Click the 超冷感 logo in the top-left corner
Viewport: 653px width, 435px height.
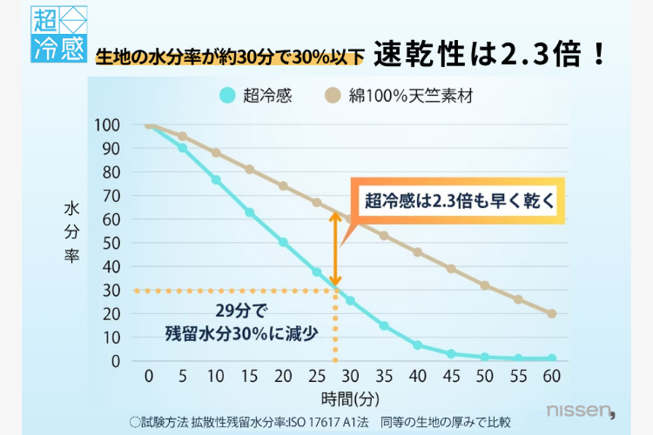coord(59,34)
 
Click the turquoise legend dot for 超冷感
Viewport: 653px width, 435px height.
coord(227,96)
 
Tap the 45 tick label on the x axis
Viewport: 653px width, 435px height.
coord(451,376)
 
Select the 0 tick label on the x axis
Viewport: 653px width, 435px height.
coord(148,376)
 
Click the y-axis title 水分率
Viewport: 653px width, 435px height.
coord(72,232)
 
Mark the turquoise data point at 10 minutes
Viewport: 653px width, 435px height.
coord(216,179)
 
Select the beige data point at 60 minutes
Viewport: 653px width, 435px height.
coord(552,314)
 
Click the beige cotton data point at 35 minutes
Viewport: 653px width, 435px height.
coord(384,235)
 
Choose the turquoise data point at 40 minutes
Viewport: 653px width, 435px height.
coord(417,345)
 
